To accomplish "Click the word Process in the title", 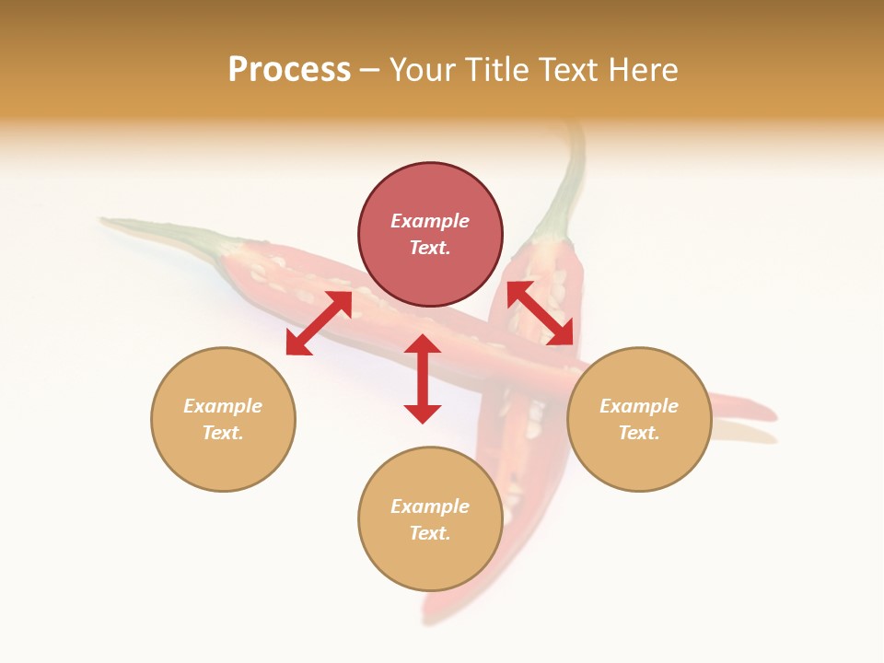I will [289, 70].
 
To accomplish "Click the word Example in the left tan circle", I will [223, 406].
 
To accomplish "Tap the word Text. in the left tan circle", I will [223, 433].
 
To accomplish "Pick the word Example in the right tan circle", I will [639, 406].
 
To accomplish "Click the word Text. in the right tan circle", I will [639, 433].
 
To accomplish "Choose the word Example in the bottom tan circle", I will [430, 506].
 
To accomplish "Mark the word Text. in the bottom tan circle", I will [430, 533].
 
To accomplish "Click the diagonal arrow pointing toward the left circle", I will [319, 323].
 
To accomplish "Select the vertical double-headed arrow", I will [423, 378].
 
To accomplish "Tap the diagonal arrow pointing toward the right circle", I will [541, 313].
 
